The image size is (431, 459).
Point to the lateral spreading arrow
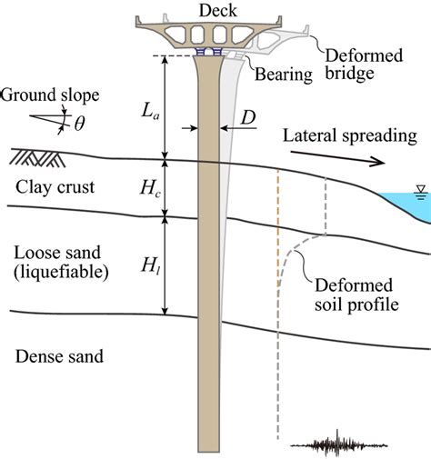pyautogui.click(x=351, y=161)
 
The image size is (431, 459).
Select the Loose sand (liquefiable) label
pyautogui.click(x=55, y=258)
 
